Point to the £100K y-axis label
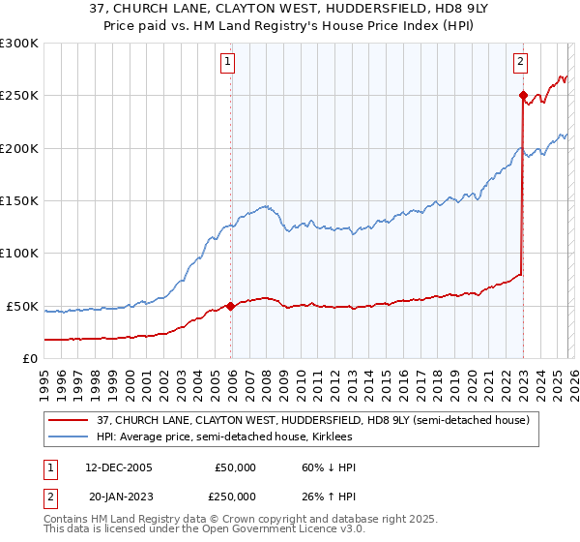[19, 254]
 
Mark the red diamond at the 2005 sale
[231, 306]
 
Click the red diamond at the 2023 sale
[523, 96]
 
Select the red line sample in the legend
[68, 421]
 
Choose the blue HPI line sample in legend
[68, 437]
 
